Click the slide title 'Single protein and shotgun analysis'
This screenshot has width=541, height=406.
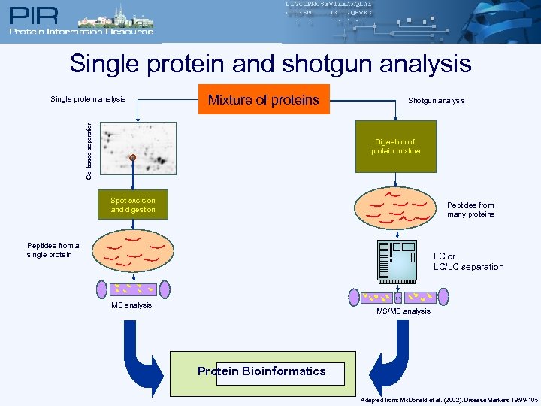pyautogui.click(x=270, y=63)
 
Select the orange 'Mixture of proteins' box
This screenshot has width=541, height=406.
pyautogui.click(x=264, y=99)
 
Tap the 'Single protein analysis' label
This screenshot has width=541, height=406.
pyautogui.click(x=88, y=98)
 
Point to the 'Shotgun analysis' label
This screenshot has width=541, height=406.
pyautogui.click(x=436, y=100)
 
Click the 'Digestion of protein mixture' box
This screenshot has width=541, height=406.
pyautogui.click(x=395, y=147)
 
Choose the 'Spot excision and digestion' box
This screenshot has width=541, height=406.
pyautogui.click(x=133, y=205)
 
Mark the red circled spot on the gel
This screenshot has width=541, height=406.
pyautogui.click(x=133, y=158)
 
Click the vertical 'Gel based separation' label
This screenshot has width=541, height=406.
pyautogui.click(x=89, y=151)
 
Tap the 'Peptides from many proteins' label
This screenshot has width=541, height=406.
pyautogui.click(x=470, y=209)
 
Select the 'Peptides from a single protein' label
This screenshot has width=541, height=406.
pyautogui.click(x=53, y=250)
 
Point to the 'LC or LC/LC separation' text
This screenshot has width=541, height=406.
pyautogui.click(x=468, y=262)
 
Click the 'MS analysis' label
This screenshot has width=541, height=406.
pyautogui.click(x=131, y=304)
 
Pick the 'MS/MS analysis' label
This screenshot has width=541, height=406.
pyautogui.click(x=403, y=311)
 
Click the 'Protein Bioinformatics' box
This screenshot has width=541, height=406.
pyautogui.click(x=261, y=371)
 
